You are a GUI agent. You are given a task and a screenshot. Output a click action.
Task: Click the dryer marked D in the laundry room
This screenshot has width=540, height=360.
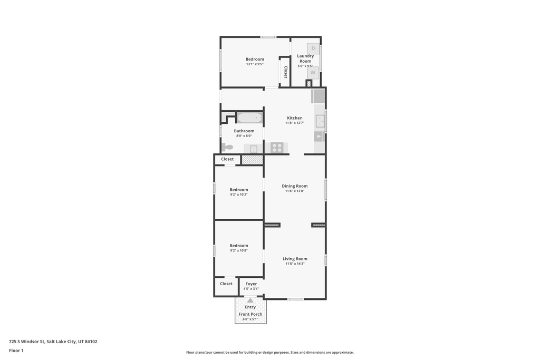point(313,49)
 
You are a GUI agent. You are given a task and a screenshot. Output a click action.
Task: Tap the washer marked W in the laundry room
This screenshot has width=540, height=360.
point(313,73)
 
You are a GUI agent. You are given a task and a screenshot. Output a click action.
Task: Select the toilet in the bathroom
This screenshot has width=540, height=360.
point(227,147)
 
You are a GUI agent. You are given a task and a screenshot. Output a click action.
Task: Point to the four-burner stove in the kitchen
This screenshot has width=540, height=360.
point(277,148)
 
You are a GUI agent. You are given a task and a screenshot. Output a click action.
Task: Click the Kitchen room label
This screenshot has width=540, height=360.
point(295,118)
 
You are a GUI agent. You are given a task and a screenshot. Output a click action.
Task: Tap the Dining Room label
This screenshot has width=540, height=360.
point(295,186)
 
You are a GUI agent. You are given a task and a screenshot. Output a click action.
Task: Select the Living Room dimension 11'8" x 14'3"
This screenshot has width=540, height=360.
point(295,264)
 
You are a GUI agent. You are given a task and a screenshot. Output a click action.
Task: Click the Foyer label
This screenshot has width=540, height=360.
point(251,284)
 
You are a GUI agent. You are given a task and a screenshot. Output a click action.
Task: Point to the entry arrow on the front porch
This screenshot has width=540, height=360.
point(250,300)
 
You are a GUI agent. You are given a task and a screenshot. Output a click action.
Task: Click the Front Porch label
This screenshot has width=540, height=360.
point(250,314)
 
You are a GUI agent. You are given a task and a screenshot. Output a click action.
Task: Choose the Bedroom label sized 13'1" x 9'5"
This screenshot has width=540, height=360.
point(255,59)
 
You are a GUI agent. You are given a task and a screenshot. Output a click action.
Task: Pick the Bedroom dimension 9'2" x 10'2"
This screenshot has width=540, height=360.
point(239,194)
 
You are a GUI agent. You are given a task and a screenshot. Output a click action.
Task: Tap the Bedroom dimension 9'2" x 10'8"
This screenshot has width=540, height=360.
point(239,250)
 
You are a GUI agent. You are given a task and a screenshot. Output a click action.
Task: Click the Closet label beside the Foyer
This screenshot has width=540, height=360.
point(226,284)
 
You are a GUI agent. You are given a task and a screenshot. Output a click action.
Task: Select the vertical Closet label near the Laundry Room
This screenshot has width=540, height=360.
point(286,72)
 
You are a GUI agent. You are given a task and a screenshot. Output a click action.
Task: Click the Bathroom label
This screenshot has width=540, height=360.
point(244,131)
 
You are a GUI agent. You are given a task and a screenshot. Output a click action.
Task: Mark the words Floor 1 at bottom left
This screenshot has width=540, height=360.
point(16,351)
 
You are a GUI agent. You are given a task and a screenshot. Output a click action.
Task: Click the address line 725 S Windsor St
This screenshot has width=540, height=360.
point(53,342)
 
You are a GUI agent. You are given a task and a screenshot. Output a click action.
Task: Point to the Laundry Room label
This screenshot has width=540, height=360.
point(305,59)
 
